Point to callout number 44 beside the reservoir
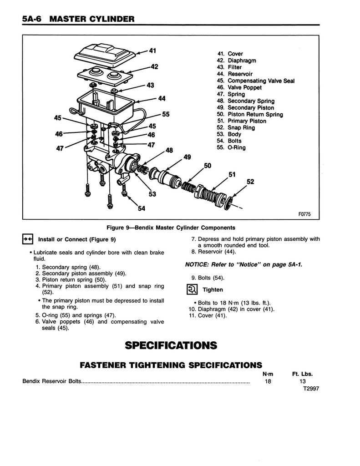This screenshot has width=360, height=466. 162,98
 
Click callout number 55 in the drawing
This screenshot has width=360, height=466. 165,115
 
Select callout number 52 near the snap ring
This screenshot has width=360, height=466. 250,182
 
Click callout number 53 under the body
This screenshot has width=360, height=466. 152,194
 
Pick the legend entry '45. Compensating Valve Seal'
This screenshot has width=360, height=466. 255,81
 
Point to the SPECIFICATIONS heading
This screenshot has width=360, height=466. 170,345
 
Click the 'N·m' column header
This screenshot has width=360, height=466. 268,374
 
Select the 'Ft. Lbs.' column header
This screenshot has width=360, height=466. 302,374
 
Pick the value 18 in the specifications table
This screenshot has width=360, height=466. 268,381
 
